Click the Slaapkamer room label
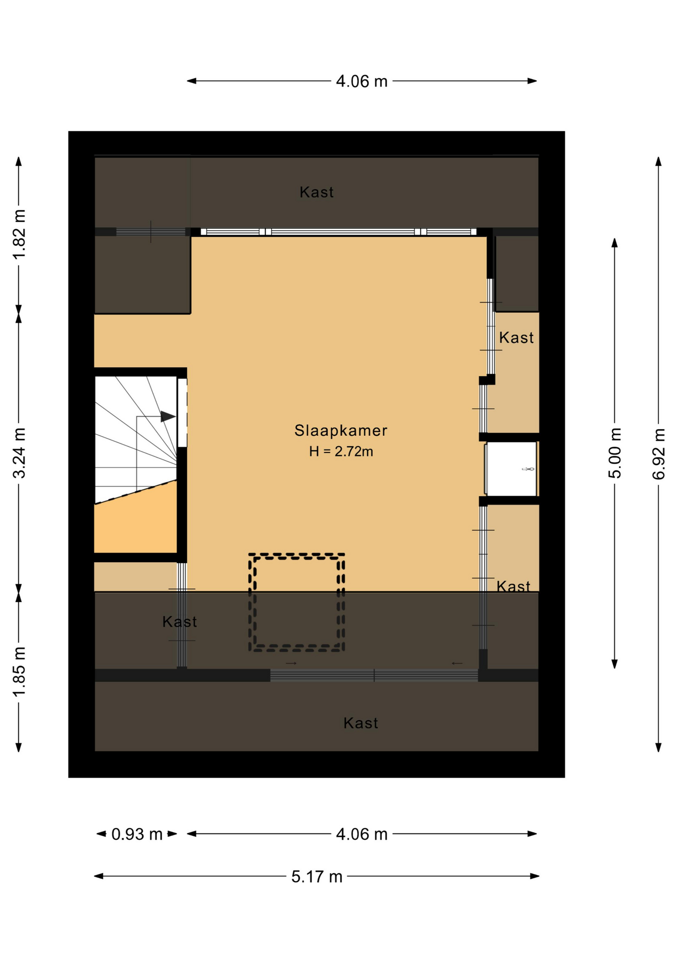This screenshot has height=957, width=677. click(340, 431)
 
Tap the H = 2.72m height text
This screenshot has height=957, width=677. click(341, 452)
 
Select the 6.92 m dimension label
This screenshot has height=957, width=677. click(659, 454)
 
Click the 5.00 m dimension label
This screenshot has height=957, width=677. click(615, 453)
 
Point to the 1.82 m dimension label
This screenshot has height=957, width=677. click(19, 234)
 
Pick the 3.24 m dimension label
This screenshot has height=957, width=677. click(19, 453)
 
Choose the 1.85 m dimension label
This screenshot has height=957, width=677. click(19, 672)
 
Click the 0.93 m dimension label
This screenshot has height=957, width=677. click(137, 834)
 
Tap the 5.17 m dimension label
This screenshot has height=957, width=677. click(317, 877)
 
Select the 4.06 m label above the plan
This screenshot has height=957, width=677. click(362, 81)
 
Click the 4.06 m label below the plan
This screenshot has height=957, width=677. click(362, 834)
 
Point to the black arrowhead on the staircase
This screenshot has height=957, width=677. click(168, 416)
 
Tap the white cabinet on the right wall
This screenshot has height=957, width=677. click(511, 469)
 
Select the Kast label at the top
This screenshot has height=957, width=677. click(317, 192)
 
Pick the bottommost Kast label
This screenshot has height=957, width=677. click(361, 723)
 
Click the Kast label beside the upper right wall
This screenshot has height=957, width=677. click(516, 338)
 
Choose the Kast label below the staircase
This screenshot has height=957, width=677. click(180, 622)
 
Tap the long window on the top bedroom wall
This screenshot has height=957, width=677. click(338, 232)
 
